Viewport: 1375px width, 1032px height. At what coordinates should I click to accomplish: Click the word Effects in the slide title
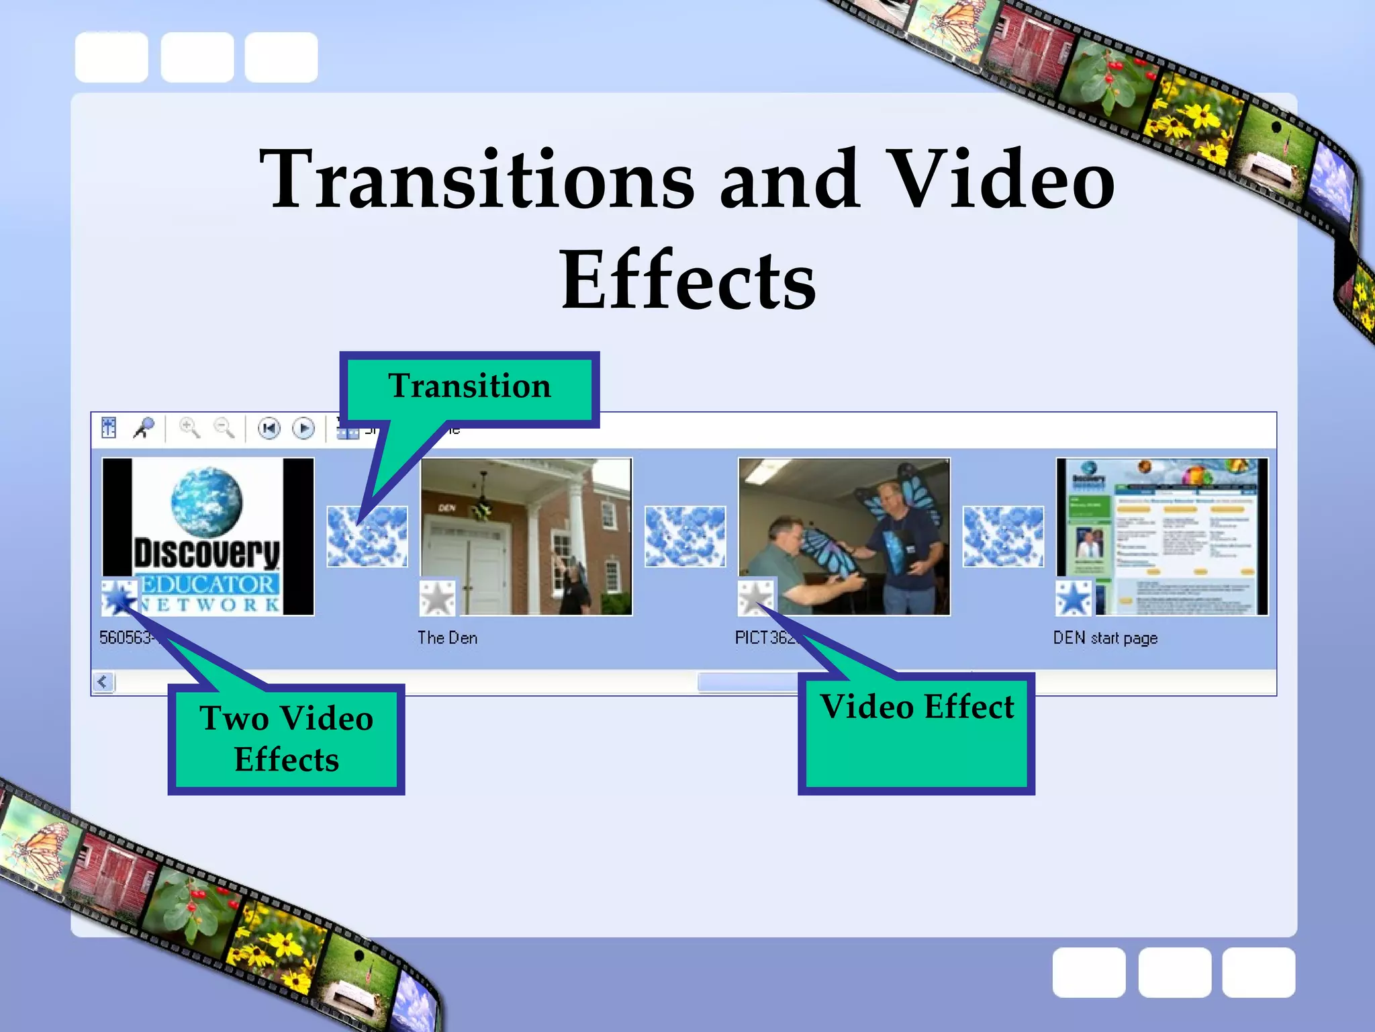(x=688, y=279)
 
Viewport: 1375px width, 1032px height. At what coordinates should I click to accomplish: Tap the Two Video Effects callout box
(x=287, y=738)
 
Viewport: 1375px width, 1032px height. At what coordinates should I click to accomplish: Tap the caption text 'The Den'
(x=447, y=638)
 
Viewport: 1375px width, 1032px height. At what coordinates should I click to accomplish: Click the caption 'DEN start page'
(x=1105, y=638)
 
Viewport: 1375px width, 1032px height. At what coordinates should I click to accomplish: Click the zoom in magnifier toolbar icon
(x=189, y=428)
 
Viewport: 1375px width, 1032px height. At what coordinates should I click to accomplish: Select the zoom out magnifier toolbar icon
(x=224, y=428)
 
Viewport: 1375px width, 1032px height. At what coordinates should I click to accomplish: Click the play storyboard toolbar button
(x=303, y=428)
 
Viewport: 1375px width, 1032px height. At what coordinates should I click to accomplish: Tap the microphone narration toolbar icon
(x=144, y=428)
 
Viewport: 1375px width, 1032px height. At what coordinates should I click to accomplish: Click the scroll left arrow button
(x=103, y=682)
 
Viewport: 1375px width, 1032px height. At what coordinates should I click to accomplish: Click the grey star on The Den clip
(x=437, y=597)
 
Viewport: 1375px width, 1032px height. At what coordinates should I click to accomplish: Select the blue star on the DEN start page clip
(x=1074, y=597)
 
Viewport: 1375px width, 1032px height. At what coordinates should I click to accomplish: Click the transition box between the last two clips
(x=1003, y=536)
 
